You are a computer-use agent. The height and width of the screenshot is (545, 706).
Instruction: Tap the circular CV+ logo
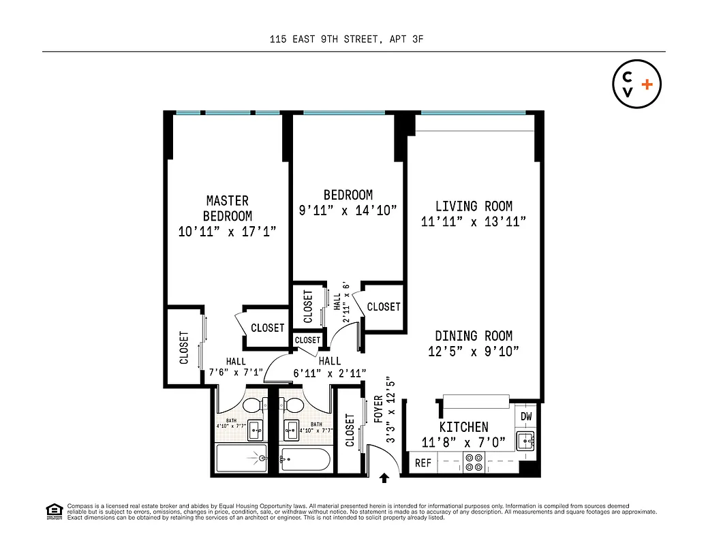(x=636, y=85)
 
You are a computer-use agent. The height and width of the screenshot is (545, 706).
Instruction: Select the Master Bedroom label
(x=228, y=208)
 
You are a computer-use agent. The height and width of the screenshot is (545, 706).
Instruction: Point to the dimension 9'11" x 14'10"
(x=348, y=211)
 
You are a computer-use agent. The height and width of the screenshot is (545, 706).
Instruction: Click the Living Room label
(x=474, y=206)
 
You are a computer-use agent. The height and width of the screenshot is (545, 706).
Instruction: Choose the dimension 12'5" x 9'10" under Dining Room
(x=474, y=352)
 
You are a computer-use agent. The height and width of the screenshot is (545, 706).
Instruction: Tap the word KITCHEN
(x=463, y=427)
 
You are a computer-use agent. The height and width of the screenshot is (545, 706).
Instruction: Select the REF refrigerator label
(x=423, y=463)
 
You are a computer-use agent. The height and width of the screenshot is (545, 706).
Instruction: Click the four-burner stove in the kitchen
(x=474, y=463)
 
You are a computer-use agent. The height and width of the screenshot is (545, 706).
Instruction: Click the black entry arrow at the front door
(x=384, y=478)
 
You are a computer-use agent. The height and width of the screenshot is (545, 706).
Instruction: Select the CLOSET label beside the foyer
(x=350, y=431)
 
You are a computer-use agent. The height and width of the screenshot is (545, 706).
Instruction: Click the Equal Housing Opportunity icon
(x=53, y=510)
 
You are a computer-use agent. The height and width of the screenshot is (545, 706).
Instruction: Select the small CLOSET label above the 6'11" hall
(x=307, y=340)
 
